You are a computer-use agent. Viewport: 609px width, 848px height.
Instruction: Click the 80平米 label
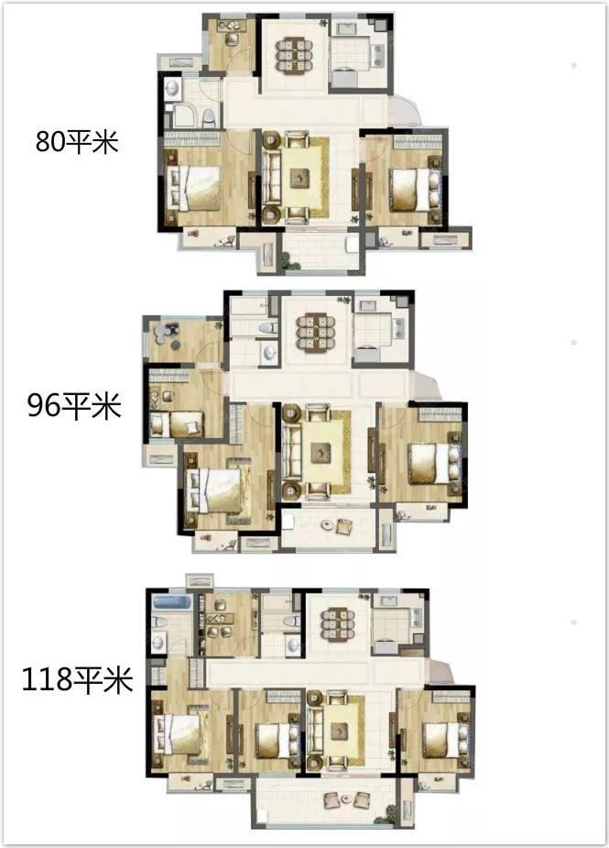[x=77, y=142]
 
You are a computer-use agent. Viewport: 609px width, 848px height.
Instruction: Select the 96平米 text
[x=74, y=405]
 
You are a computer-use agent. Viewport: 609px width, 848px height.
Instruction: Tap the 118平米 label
[x=77, y=680]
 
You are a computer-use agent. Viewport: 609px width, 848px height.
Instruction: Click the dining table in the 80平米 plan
[x=295, y=55]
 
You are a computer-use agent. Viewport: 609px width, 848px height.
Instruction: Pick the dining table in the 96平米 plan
[x=316, y=332]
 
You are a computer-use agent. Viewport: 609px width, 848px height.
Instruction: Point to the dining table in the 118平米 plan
[x=338, y=625]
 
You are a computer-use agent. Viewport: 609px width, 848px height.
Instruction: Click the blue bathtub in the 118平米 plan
[x=172, y=602]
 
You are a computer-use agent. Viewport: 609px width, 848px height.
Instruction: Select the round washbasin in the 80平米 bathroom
[x=173, y=88]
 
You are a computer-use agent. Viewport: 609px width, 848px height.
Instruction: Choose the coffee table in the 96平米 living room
[x=321, y=452]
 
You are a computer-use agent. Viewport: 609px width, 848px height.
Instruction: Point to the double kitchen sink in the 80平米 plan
[x=377, y=52]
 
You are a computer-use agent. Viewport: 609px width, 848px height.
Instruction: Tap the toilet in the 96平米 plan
[x=266, y=327]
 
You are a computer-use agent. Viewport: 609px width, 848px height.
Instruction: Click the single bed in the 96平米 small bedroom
[x=178, y=424]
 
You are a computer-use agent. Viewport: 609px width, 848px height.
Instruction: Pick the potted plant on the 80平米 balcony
[x=292, y=263]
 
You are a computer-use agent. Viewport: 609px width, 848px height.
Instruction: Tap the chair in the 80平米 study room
[x=233, y=39]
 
